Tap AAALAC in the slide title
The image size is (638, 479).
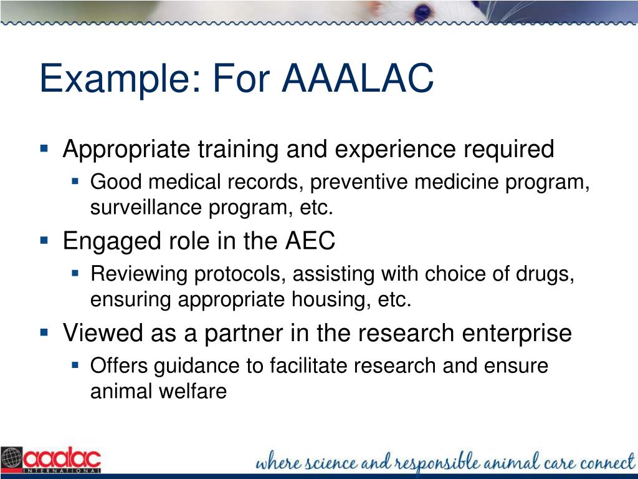click(358, 79)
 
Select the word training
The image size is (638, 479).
click(238, 150)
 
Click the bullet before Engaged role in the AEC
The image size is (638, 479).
click(44, 239)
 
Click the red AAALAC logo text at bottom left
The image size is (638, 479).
click(62, 459)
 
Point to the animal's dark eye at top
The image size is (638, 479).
click(424, 12)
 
